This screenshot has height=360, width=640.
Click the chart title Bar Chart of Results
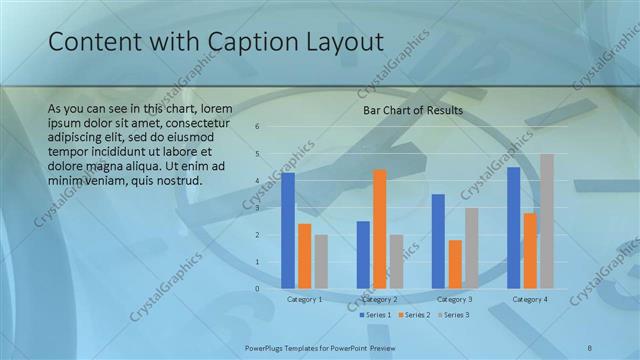[412, 111]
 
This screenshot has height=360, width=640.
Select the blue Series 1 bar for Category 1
[288, 230]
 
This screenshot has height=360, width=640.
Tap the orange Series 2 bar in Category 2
[379, 229]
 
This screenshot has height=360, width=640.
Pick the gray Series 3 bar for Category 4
[546, 221]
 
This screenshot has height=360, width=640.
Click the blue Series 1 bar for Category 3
[438, 241]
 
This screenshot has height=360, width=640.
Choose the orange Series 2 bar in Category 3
[455, 264]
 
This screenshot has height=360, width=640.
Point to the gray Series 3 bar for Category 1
[321, 261]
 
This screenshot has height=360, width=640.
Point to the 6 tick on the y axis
[257, 127]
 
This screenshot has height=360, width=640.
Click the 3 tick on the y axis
[257, 208]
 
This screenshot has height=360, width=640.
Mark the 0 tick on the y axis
[257, 289]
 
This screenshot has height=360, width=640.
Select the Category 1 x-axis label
[304, 299]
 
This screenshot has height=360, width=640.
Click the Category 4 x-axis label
[529, 299]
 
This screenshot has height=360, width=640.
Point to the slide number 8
[589, 347]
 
